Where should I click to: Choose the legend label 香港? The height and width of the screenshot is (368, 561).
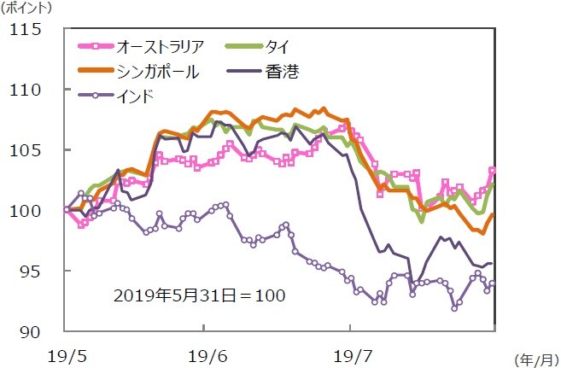282,70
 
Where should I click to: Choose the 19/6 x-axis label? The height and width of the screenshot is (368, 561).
203,352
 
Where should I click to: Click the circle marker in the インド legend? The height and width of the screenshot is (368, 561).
95,96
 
